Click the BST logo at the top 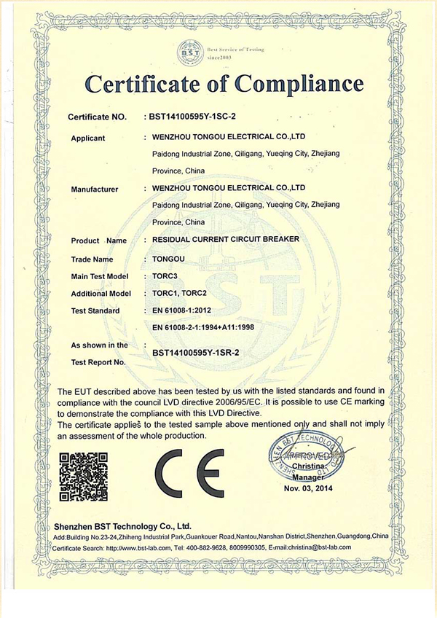coord(187,52)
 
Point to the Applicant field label coord(88,138)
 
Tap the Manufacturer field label coord(95,189)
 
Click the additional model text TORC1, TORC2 coord(184,294)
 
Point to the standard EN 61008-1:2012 coord(190,311)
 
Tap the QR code coord(83,477)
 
